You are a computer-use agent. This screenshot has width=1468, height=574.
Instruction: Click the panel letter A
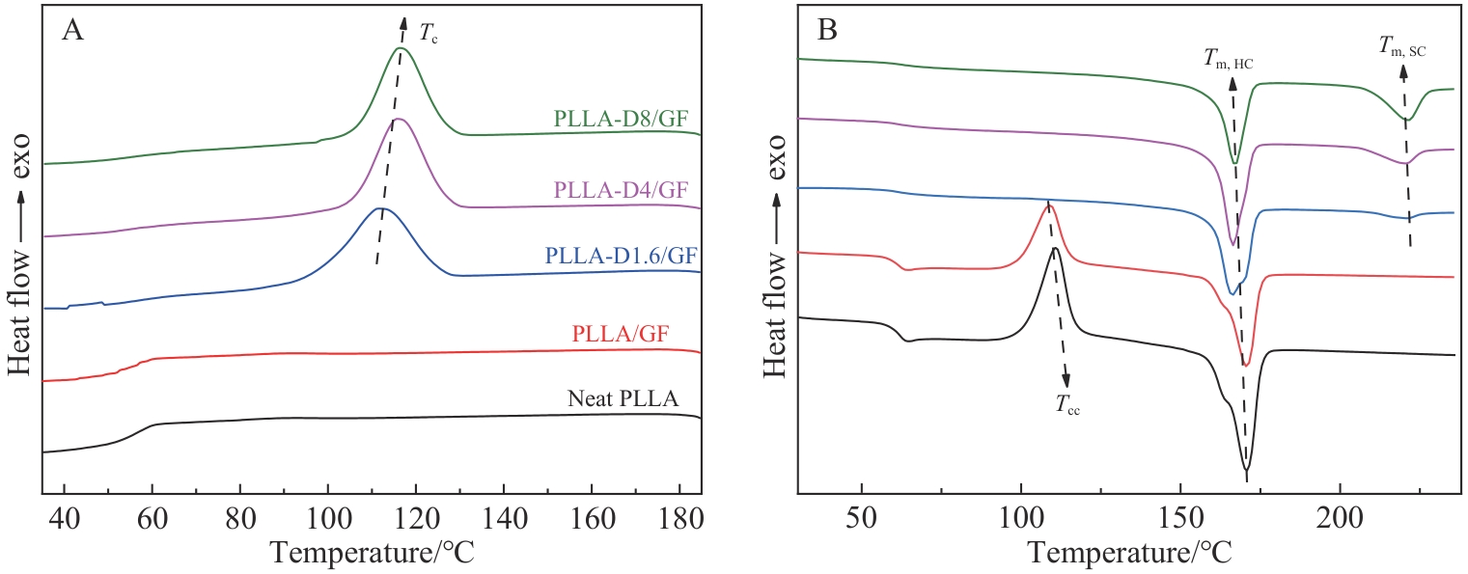pyautogui.click(x=71, y=32)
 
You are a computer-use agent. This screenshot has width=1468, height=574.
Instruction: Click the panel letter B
pyautogui.click(x=827, y=32)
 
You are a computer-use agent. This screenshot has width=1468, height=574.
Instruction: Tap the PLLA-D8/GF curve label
pyautogui.click(x=627, y=119)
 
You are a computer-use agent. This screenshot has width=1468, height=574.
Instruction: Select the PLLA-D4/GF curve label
pyautogui.click(x=627, y=189)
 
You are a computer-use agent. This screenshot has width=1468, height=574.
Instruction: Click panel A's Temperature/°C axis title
pyautogui.click(x=371, y=552)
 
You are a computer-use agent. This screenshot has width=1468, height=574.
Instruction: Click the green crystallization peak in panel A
pyautogui.click(x=400, y=48)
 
